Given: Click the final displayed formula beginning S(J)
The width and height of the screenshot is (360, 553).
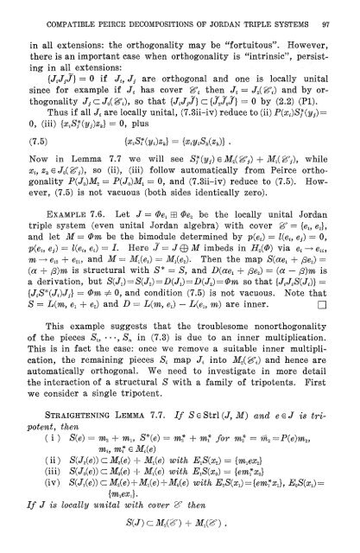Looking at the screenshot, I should click(x=179, y=544).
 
